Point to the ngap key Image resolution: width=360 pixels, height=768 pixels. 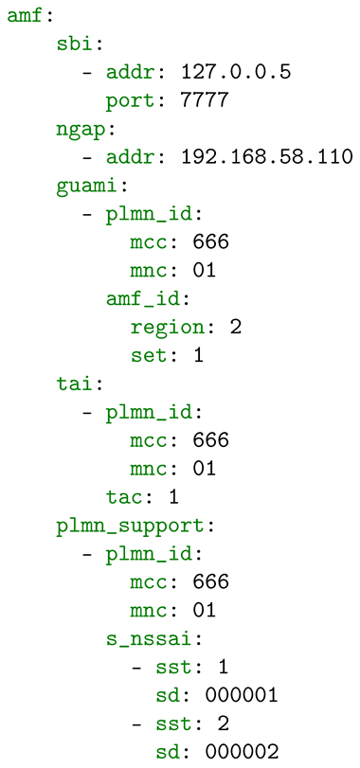79,131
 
